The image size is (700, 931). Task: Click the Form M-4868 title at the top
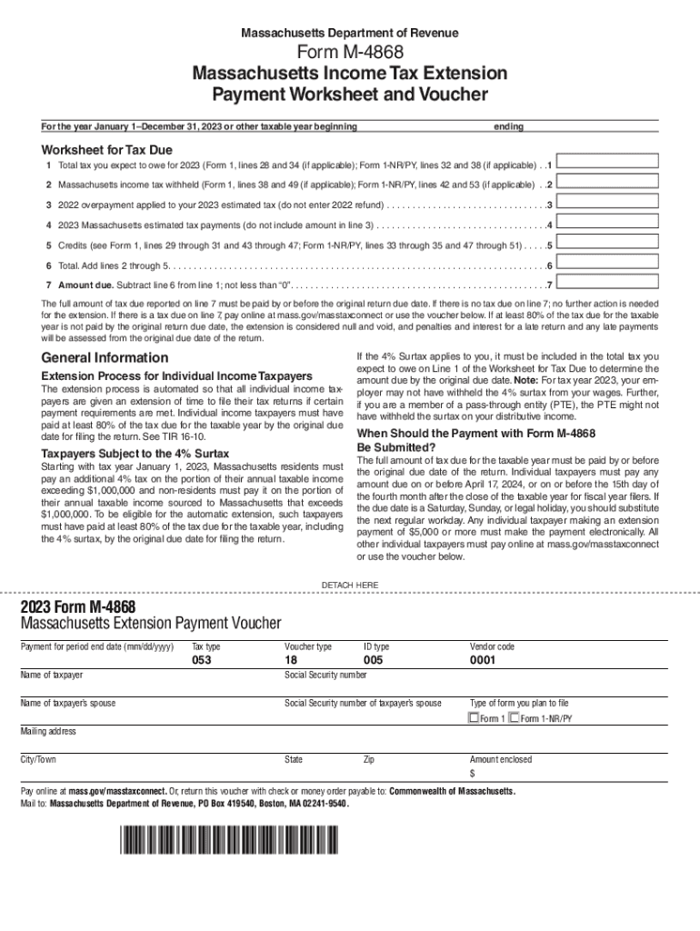point(350,53)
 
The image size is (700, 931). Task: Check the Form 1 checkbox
point(473,718)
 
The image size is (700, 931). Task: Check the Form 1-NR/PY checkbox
point(515,718)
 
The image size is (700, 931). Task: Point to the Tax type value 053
point(202,661)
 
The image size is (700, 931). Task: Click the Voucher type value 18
point(291,661)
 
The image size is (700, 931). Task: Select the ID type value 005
point(373,661)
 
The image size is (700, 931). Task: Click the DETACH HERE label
point(350,584)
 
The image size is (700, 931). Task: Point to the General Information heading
point(105,357)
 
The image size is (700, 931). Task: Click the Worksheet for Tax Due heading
point(107,149)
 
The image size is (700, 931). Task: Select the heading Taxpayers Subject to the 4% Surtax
point(135,453)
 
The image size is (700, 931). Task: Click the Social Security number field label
point(325,676)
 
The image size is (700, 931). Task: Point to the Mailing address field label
point(49,731)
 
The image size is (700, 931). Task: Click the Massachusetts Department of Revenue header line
point(350,33)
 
